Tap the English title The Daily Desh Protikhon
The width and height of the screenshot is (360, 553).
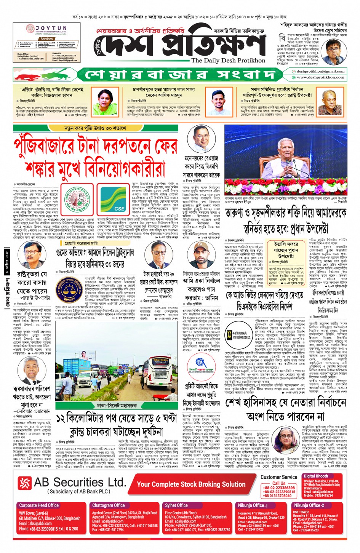(228, 60)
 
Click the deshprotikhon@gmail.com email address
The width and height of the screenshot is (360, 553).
(320, 71)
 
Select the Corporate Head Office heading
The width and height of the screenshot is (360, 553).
(39, 505)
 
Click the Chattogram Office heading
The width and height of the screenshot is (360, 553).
(108, 505)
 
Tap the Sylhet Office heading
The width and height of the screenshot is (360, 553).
(176, 505)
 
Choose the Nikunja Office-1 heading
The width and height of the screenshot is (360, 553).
(253, 505)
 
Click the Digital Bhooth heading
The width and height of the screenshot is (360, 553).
(316, 476)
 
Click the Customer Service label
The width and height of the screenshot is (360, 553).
(279, 477)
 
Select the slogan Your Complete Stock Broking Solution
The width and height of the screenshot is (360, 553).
(191, 484)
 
